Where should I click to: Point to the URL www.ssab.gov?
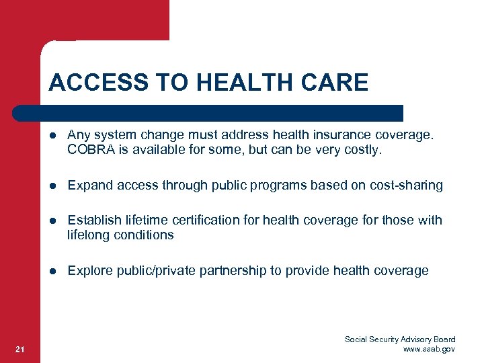pyautogui.click(x=429, y=349)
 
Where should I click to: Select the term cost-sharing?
pyautogui.click(x=406, y=186)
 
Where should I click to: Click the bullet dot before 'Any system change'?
pyautogui.click(x=53, y=136)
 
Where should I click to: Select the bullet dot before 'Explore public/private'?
pyautogui.click(x=53, y=271)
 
